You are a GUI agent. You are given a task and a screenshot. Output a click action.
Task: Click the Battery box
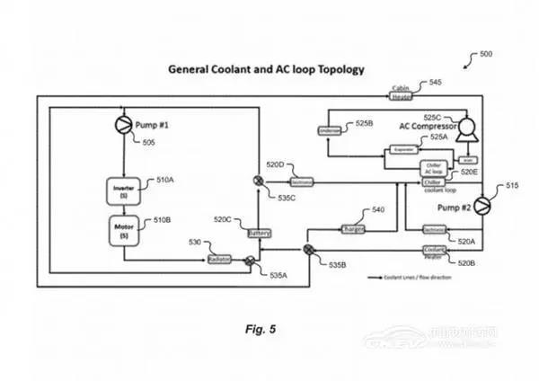(x=259, y=233)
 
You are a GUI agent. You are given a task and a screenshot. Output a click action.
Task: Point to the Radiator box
(x=219, y=259)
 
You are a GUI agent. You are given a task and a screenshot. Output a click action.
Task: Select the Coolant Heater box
(x=436, y=252)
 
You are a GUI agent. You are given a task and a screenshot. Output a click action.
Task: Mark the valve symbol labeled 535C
(x=259, y=182)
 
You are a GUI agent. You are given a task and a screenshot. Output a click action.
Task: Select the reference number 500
(x=485, y=54)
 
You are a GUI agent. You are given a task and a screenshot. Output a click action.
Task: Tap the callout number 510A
(x=164, y=181)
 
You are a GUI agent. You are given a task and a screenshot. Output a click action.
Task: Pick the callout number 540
(x=378, y=209)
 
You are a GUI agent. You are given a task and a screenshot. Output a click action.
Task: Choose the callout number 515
(x=512, y=186)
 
